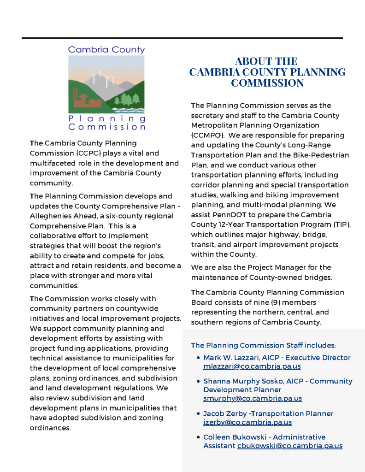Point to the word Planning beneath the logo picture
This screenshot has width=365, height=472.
coord(107,118)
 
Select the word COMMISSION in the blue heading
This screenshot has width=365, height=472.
coord(267,83)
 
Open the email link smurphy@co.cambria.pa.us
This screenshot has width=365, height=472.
coord(253,398)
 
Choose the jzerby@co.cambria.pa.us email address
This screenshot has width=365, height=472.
coord(247,422)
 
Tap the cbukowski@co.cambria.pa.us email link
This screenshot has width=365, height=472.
coord(290,446)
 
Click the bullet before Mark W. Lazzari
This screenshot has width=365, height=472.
coord(198,358)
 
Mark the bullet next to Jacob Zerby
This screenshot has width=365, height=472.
coord(198,414)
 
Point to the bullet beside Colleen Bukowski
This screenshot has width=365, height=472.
coord(198,437)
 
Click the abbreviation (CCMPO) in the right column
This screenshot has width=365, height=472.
coord(208,136)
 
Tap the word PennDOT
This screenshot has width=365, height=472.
coord(229,215)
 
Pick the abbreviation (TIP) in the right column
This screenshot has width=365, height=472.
coord(341,224)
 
